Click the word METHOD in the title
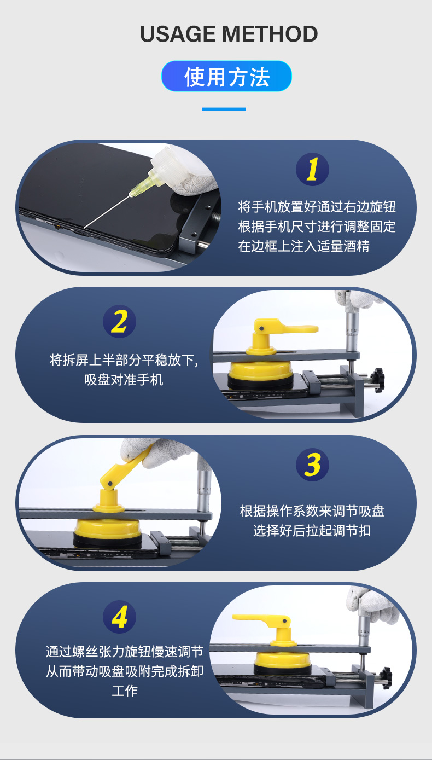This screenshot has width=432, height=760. tap(270, 34)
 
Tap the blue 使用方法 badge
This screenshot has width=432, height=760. tap(226, 77)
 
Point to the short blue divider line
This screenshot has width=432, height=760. tap(224, 109)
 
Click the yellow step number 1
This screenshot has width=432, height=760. tap(312, 169)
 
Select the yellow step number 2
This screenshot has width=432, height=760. tap(119, 321)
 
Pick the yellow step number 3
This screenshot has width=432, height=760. tap(312, 465)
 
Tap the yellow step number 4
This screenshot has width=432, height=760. tap(119, 617)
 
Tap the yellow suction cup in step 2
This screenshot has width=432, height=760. tap(260, 373)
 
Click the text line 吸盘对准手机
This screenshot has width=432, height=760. tap(124, 380)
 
